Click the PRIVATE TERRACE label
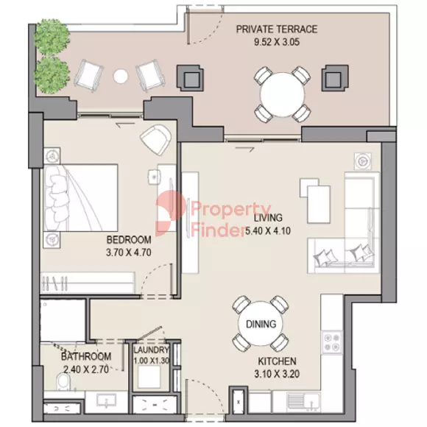(x=276, y=29)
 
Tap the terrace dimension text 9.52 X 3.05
(x=276, y=41)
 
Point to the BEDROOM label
(x=129, y=240)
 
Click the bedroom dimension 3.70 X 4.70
(x=129, y=252)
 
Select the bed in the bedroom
(x=81, y=198)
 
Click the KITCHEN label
(x=277, y=361)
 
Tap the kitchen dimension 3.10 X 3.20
(x=277, y=374)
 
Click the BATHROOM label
(x=85, y=357)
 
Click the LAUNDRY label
(x=152, y=350)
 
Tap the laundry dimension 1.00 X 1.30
(x=152, y=360)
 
